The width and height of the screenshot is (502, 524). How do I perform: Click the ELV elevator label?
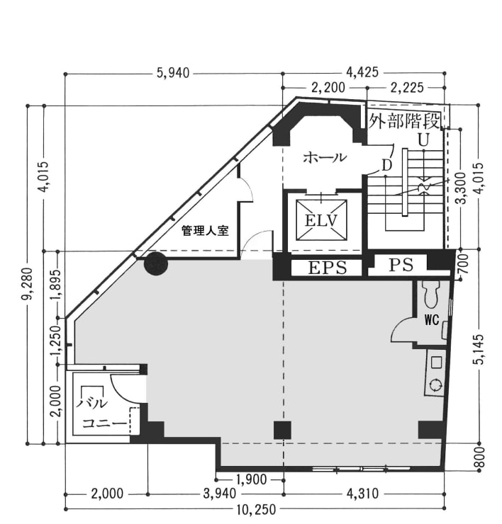(x=321, y=220)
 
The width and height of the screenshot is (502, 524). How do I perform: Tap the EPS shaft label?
(x=328, y=268)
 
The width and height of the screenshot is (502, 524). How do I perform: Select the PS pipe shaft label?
(x=401, y=265)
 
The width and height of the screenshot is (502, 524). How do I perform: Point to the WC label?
(x=432, y=320)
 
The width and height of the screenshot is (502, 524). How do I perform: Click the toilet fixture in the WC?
(x=431, y=293)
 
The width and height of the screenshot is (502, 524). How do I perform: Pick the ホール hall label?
(x=325, y=157)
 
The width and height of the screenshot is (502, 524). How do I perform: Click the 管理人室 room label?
(x=205, y=231)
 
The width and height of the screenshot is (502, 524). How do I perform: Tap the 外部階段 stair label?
(x=404, y=121)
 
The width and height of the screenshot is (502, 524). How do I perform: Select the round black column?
(x=155, y=263)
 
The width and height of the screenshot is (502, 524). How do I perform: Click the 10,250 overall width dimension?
(x=257, y=510)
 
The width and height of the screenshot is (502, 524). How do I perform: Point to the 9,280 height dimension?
(x=28, y=283)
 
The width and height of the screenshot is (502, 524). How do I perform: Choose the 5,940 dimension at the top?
(x=173, y=73)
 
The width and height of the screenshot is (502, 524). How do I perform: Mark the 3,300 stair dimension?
(x=462, y=188)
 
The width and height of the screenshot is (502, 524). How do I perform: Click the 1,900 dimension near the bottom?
(x=251, y=480)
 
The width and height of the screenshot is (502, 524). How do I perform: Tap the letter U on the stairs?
(x=423, y=140)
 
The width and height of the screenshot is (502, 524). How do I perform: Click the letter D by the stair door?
(x=387, y=165)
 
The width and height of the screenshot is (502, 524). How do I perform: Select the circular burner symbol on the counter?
(x=436, y=385)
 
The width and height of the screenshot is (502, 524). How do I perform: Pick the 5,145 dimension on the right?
(x=479, y=349)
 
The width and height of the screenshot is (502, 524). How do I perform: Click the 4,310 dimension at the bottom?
(x=363, y=494)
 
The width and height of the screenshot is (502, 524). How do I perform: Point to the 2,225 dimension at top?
(x=407, y=88)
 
